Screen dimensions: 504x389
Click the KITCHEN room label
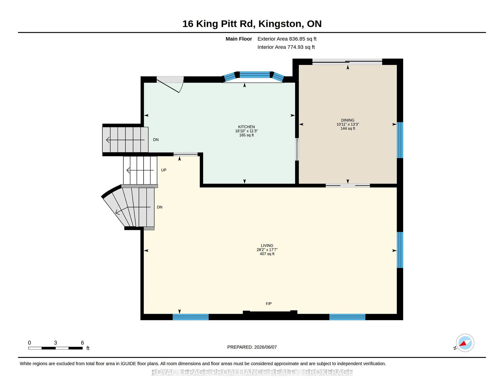pyautogui.click(x=246, y=127)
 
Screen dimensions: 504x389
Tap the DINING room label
pyautogui.click(x=348, y=120)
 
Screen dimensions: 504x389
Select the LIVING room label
pyautogui.click(x=267, y=246)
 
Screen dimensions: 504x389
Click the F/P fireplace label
pyautogui.click(x=269, y=304)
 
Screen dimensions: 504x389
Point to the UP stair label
pyautogui.click(x=164, y=170)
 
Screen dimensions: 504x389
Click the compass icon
pyautogui.click(x=465, y=343)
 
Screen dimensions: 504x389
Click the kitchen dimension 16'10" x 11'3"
pyautogui.click(x=246, y=131)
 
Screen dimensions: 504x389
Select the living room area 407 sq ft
pyautogui.click(x=267, y=254)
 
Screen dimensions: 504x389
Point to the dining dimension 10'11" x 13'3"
pyautogui.click(x=348, y=125)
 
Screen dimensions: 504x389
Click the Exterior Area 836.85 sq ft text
pyautogui.click(x=287, y=39)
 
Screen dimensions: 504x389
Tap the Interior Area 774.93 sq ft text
pyautogui.click(x=286, y=47)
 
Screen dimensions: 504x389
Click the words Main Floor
pyautogui.click(x=239, y=39)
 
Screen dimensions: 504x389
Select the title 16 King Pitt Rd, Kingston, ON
pyautogui.click(x=252, y=24)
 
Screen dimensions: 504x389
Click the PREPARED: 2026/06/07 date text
pyautogui.click(x=252, y=347)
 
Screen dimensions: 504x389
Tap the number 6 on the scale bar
pyautogui.click(x=82, y=343)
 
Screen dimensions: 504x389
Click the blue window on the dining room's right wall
pyautogui.click(x=400, y=140)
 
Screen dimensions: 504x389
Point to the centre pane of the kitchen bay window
pyautogui.click(x=255, y=75)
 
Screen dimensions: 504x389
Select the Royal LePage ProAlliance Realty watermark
pyautogui.click(x=252, y=372)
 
